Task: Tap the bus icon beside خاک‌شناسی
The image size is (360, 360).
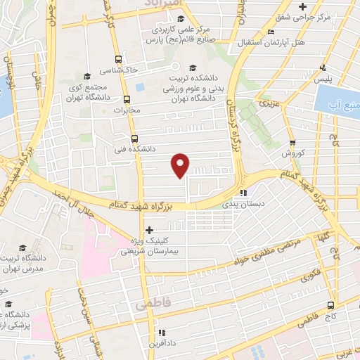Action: pos(118,60)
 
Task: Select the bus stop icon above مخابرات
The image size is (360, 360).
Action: pos(127,99)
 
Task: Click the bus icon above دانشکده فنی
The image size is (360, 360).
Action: pos(134,139)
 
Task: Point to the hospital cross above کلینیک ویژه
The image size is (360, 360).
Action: pos(148,230)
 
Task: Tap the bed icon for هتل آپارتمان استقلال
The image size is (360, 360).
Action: pos(271,32)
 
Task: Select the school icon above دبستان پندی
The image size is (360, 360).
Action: pos(243,192)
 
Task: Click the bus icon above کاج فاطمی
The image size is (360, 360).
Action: pos(330,305)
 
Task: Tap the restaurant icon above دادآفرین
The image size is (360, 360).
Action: pos(162,332)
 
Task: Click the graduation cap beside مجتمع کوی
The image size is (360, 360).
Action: pos(87,76)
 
